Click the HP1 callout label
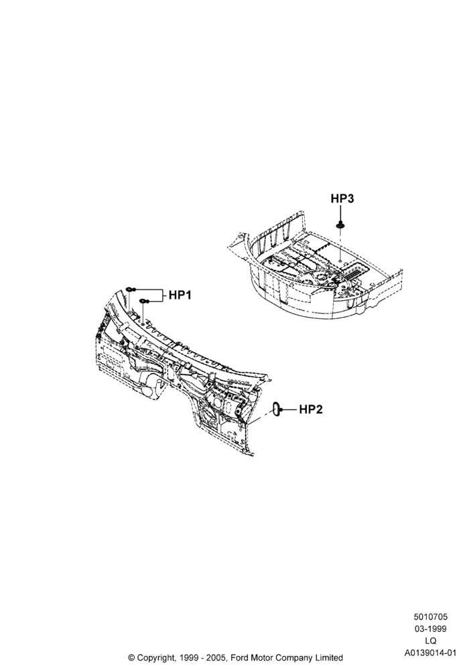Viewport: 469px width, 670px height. (x=180, y=295)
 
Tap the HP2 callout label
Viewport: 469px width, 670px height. (x=310, y=409)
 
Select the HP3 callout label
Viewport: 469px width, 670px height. (x=342, y=199)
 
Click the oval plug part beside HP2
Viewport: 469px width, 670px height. (x=277, y=409)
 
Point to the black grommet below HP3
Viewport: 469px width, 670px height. (x=340, y=224)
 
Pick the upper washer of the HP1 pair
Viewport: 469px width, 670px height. (x=129, y=289)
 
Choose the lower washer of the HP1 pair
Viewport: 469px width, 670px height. (x=143, y=301)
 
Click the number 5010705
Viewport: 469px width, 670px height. (x=430, y=616)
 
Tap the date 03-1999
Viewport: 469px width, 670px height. (x=430, y=628)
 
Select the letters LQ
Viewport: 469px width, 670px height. (x=431, y=641)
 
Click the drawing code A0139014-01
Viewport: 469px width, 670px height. (x=430, y=653)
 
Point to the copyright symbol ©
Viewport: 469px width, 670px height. (x=131, y=658)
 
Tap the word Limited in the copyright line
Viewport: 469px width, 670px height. (x=329, y=658)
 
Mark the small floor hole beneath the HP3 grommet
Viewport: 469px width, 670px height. (x=340, y=260)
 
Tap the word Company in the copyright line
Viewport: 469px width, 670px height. (x=293, y=658)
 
